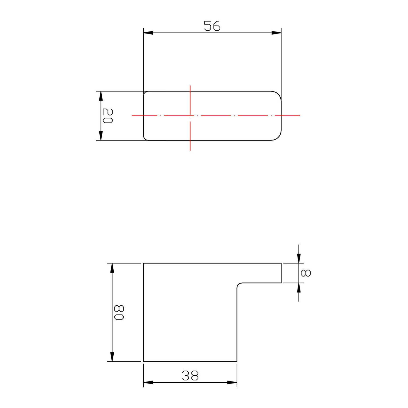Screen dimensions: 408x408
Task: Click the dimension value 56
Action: [212, 26]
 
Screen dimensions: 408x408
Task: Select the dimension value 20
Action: [108, 116]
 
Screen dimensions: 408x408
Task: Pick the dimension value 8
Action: [305, 273]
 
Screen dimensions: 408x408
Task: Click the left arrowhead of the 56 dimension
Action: [148, 33]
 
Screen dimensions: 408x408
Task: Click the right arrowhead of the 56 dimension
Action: [277, 33]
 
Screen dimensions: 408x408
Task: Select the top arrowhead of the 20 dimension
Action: [101, 96]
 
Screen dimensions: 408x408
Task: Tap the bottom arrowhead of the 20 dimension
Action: [101, 136]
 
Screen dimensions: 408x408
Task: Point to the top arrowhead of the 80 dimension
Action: [112, 268]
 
